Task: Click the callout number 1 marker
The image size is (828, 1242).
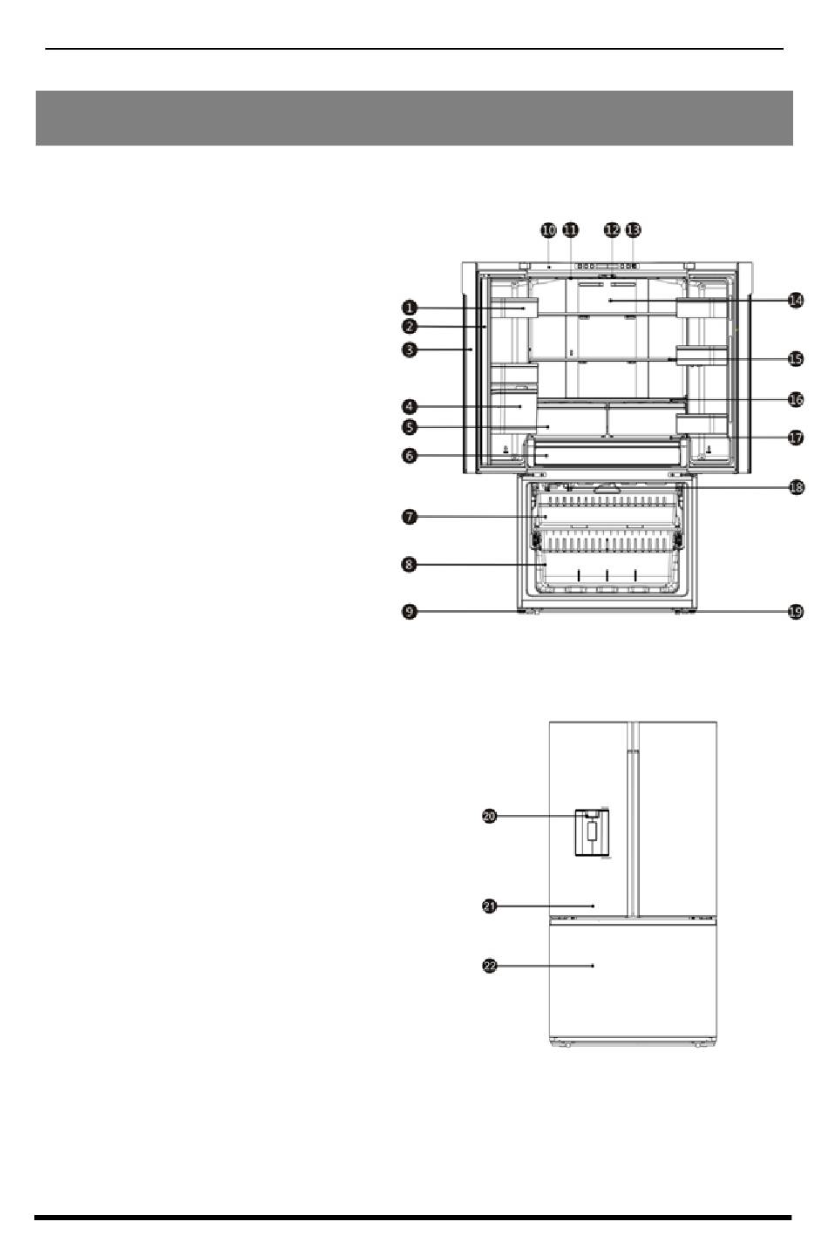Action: [410, 308]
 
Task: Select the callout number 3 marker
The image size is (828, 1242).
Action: [410, 350]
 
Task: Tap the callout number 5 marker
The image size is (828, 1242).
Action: [410, 427]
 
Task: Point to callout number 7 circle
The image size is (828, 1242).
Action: [410, 518]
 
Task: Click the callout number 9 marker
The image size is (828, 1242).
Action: [410, 612]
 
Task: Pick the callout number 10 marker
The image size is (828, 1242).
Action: [548, 230]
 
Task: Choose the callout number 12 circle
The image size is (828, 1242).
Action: [612, 230]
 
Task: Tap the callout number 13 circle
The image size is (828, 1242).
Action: [633, 230]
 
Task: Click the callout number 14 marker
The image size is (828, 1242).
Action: [796, 301]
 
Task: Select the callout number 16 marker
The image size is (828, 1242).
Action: [796, 399]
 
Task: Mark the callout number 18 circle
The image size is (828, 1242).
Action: [797, 487]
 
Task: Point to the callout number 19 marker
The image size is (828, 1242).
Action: [796, 612]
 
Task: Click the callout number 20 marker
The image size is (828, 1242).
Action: [490, 816]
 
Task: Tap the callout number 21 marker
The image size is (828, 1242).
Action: [490, 906]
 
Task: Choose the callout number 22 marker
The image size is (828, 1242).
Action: [490, 966]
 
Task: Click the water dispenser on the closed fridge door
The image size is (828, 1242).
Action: [593, 832]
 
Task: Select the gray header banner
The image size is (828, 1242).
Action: [414, 119]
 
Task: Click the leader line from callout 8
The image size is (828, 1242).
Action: [482, 565]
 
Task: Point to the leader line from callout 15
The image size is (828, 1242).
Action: [729, 359]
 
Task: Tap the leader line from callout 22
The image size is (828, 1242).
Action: [546, 966]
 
